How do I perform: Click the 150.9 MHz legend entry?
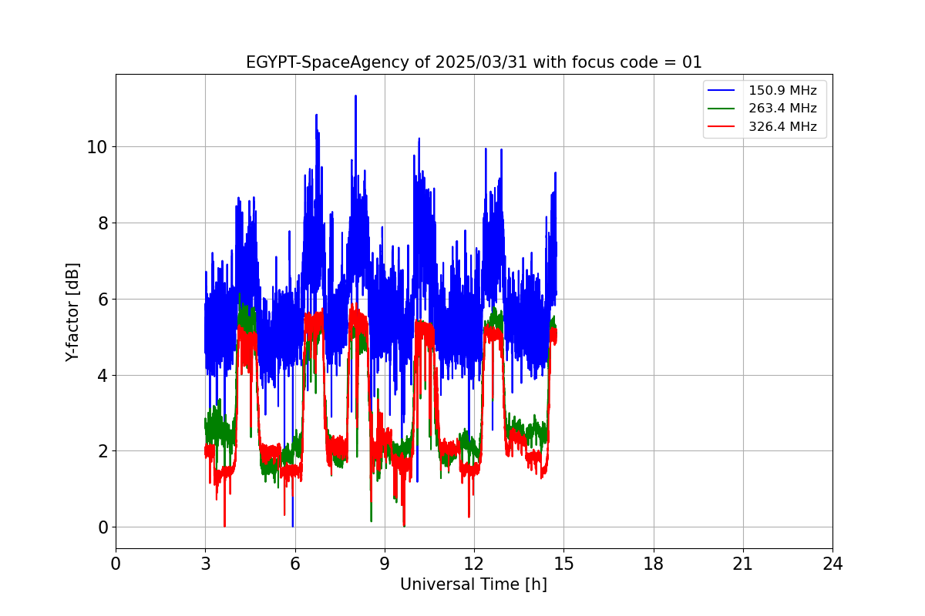point(782,91)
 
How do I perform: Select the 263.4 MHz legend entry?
point(782,109)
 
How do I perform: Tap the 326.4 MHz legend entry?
point(782,127)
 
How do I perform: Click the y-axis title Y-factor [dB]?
point(73,312)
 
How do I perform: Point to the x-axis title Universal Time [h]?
point(473,584)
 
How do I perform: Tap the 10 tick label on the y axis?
point(97,147)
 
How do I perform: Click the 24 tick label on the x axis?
point(832,564)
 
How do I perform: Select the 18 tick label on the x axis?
point(654,564)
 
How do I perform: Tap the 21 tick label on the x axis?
point(743,564)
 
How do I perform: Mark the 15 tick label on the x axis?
point(563,564)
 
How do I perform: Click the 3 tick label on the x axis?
point(205,564)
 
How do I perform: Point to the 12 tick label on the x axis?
point(474,564)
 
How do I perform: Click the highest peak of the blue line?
point(355,96)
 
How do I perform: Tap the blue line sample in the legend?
point(723,91)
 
